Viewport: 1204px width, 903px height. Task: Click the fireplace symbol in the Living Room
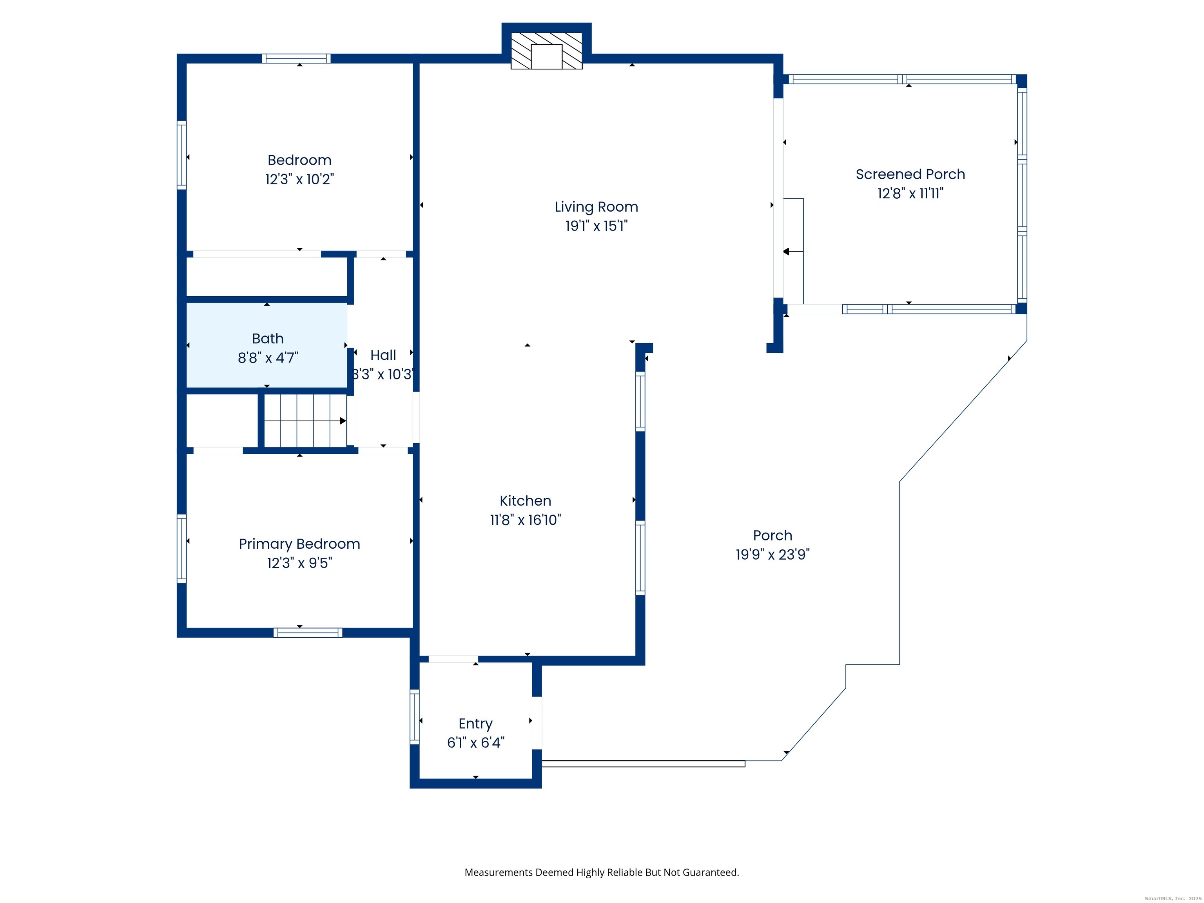point(546,51)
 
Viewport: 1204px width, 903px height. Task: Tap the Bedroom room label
point(299,160)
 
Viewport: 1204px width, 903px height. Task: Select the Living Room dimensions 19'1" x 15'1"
point(597,226)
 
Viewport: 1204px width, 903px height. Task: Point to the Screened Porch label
point(910,174)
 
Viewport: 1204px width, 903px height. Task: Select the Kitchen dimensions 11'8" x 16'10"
point(525,520)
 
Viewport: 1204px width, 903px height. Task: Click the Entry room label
point(476,724)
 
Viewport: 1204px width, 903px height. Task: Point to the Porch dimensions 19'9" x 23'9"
point(773,555)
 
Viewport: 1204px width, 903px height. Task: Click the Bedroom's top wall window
point(296,59)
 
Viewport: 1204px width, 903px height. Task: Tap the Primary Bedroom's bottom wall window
point(308,633)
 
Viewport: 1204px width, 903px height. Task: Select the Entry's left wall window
point(415,717)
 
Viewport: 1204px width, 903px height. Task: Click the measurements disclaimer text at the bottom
point(602,872)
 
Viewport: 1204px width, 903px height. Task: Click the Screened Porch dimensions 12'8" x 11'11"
point(910,193)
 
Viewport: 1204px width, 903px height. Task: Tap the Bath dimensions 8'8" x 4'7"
point(268,357)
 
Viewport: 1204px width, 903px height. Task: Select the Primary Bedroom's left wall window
point(182,549)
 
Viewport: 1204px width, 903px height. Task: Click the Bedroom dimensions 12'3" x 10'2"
point(299,179)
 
